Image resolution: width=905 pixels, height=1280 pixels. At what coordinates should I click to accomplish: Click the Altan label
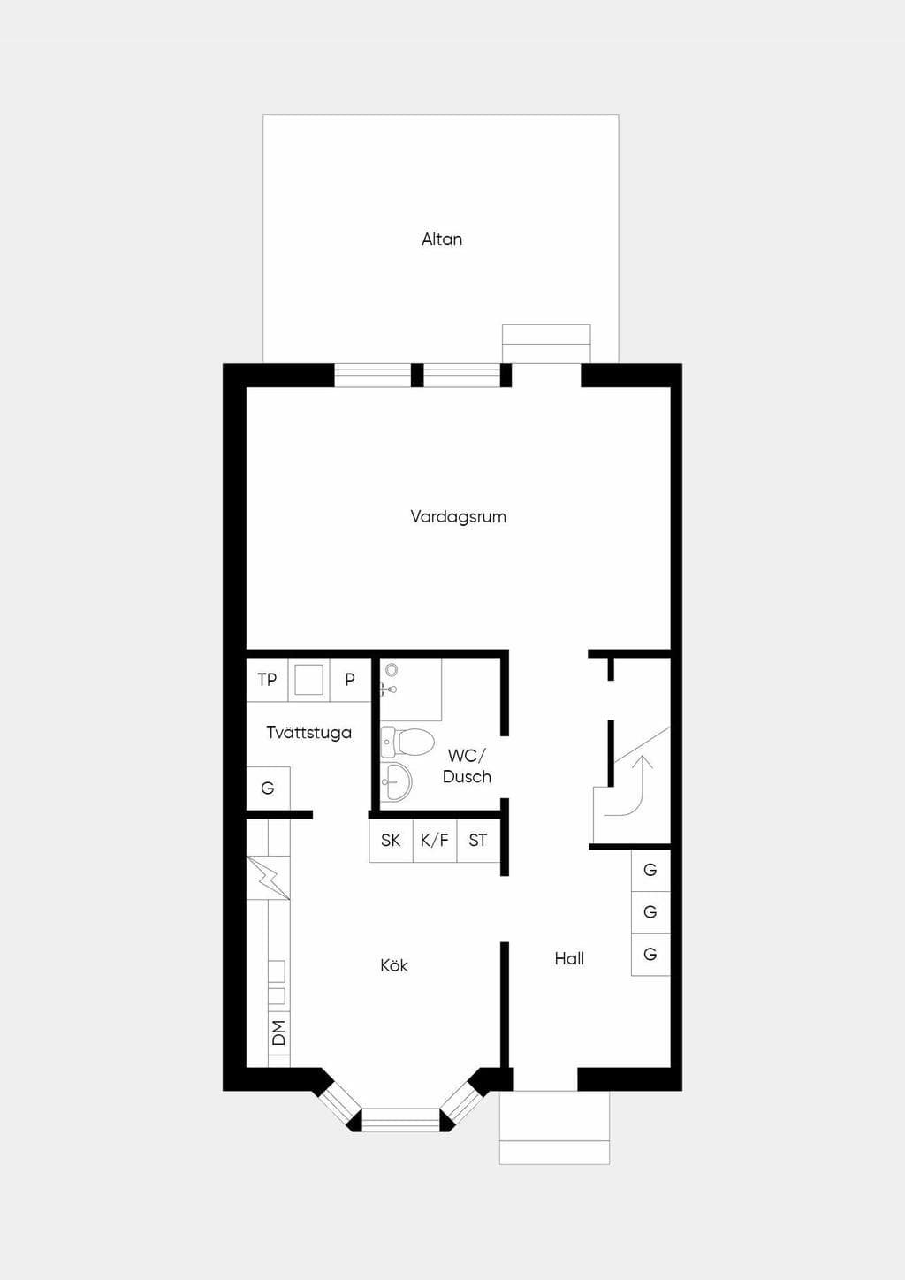(x=442, y=239)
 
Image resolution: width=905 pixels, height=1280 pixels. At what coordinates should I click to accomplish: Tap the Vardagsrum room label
(x=458, y=516)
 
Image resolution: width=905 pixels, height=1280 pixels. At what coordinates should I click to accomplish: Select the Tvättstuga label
(x=308, y=732)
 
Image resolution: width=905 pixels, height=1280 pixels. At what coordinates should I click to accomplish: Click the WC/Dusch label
(x=467, y=766)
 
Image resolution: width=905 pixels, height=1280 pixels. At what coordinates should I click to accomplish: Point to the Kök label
(x=394, y=965)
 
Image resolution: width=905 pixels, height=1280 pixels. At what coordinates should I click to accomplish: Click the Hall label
(x=569, y=958)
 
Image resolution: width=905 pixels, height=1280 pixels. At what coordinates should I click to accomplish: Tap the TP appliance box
(x=267, y=680)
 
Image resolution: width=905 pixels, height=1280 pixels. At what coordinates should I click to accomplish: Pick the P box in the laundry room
(x=350, y=680)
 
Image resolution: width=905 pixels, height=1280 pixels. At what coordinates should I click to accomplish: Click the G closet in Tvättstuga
(x=268, y=788)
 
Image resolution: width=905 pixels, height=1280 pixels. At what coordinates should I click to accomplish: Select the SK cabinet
(x=391, y=840)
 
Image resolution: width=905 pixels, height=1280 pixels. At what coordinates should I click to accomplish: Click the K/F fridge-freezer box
(x=435, y=840)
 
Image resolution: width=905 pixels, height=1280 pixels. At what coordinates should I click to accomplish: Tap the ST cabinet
(x=478, y=840)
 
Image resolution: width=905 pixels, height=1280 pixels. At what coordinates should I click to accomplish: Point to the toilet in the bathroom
(x=408, y=742)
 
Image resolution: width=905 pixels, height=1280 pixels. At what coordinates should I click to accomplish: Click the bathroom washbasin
(x=396, y=781)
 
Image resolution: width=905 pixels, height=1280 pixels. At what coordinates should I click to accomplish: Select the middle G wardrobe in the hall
(x=650, y=911)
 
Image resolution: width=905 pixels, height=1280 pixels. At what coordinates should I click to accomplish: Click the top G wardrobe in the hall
(x=650, y=870)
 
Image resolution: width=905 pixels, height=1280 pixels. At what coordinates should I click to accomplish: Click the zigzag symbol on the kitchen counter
(x=269, y=877)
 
